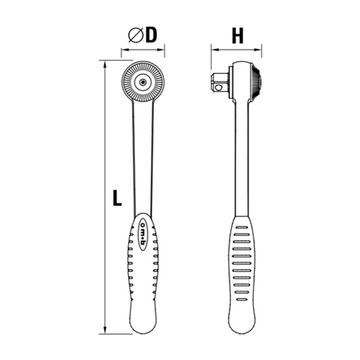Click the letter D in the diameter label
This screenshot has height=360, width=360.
pos(151,35)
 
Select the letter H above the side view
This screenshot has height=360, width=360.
pos(238,36)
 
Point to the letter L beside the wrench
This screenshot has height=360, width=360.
pos(117,198)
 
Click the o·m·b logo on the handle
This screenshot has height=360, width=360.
pos(143,232)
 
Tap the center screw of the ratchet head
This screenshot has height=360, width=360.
pos(143,82)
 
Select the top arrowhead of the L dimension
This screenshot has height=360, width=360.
pos(107,62)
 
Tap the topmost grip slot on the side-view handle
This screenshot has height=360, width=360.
pos(242,227)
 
